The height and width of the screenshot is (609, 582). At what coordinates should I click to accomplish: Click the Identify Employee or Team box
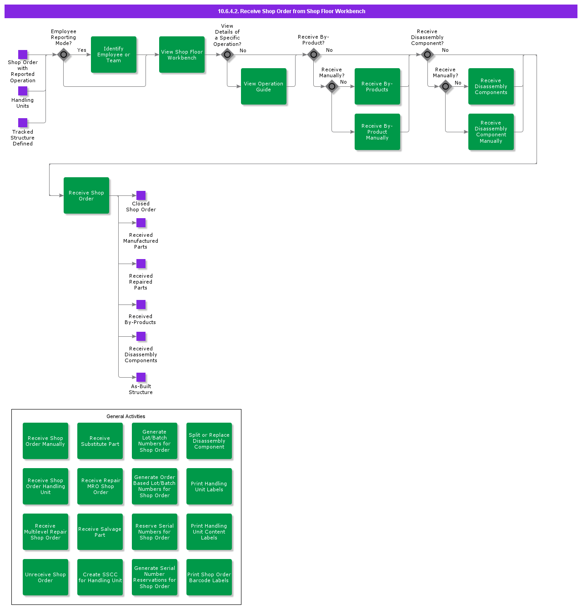point(114,55)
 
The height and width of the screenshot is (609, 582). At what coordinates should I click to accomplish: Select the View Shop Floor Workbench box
point(182,55)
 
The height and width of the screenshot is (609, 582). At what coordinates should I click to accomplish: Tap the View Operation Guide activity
point(264,86)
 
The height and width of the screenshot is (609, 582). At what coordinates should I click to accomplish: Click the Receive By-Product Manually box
point(377,132)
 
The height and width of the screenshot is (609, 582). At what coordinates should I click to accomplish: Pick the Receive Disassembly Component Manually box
point(491,132)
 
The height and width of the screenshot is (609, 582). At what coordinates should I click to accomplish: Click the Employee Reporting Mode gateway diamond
point(64,55)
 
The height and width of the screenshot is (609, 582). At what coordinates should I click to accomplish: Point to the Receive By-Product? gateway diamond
point(314,55)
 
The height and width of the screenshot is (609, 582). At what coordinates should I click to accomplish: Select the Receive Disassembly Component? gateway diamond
point(427,55)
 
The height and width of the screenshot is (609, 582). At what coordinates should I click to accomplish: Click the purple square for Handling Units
point(23,91)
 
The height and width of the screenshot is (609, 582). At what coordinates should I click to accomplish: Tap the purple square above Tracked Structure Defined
point(23,123)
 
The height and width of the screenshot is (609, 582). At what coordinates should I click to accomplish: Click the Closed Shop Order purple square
point(141,195)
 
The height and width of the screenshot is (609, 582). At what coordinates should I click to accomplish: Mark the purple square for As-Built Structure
point(141,377)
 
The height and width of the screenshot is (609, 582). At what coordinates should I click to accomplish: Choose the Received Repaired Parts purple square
point(141,264)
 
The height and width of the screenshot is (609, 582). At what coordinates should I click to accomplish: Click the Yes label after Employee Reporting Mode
point(82,50)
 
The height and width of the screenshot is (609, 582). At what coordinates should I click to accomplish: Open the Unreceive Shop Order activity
point(45,577)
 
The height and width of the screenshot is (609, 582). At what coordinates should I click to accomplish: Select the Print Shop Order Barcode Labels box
point(209,577)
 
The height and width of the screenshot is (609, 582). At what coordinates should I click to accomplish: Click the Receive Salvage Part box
point(100,532)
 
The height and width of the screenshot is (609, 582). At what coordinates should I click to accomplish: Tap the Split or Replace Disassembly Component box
point(209,441)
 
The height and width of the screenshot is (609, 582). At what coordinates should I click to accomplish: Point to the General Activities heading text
point(126,416)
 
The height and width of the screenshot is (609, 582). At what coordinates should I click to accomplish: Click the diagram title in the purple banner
point(291,11)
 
